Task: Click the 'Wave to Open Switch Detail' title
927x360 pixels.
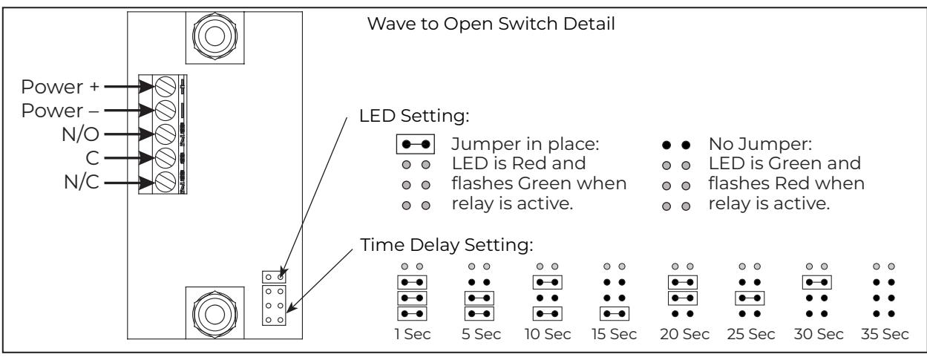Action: (491, 24)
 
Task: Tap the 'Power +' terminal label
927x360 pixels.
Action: (60, 87)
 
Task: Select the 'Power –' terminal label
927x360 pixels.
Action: (60, 111)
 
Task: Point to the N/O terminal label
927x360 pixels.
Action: (80, 134)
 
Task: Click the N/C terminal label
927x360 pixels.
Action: (82, 182)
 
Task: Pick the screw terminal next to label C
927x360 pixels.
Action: (165, 158)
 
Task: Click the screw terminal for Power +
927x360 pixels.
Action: (165, 87)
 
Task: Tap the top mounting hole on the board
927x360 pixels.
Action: (214, 36)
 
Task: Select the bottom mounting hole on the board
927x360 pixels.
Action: (214, 314)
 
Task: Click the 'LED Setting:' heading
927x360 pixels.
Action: (414, 116)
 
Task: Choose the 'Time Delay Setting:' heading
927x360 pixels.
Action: (447, 245)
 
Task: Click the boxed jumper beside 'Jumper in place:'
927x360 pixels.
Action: (416, 145)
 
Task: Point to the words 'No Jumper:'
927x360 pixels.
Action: (760, 144)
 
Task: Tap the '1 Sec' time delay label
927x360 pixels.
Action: (413, 334)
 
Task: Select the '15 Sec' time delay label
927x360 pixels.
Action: (614, 334)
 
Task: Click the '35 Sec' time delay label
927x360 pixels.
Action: (885, 334)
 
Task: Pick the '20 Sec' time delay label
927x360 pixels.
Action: (684, 334)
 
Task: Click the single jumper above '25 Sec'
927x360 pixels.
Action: (750, 298)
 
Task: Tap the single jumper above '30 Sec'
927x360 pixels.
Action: (816, 282)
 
